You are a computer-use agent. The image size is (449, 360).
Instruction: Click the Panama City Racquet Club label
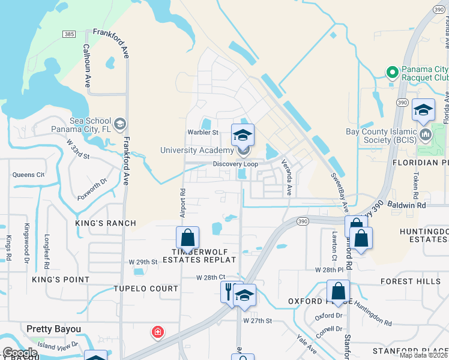click(424, 73)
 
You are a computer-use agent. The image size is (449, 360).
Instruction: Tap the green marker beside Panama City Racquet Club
click(392, 73)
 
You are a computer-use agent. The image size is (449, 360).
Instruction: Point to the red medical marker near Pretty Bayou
click(158, 332)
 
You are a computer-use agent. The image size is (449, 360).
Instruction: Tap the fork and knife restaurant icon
click(229, 292)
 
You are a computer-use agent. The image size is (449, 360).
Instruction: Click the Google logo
click(20, 353)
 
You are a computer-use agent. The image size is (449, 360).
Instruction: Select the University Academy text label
click(196, 150)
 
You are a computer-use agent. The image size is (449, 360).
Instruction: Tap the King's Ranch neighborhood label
click(99, 223)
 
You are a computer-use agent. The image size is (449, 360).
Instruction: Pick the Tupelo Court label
click(146, 289)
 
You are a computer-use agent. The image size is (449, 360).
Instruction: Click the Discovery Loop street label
click(235, 164)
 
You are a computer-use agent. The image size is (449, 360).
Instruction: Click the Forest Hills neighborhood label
click(406, 281)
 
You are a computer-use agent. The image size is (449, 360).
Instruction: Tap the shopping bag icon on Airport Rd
click(188, 238)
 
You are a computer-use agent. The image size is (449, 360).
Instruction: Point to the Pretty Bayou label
click(54, 329)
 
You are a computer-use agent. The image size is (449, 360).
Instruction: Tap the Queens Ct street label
click(28, 175)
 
